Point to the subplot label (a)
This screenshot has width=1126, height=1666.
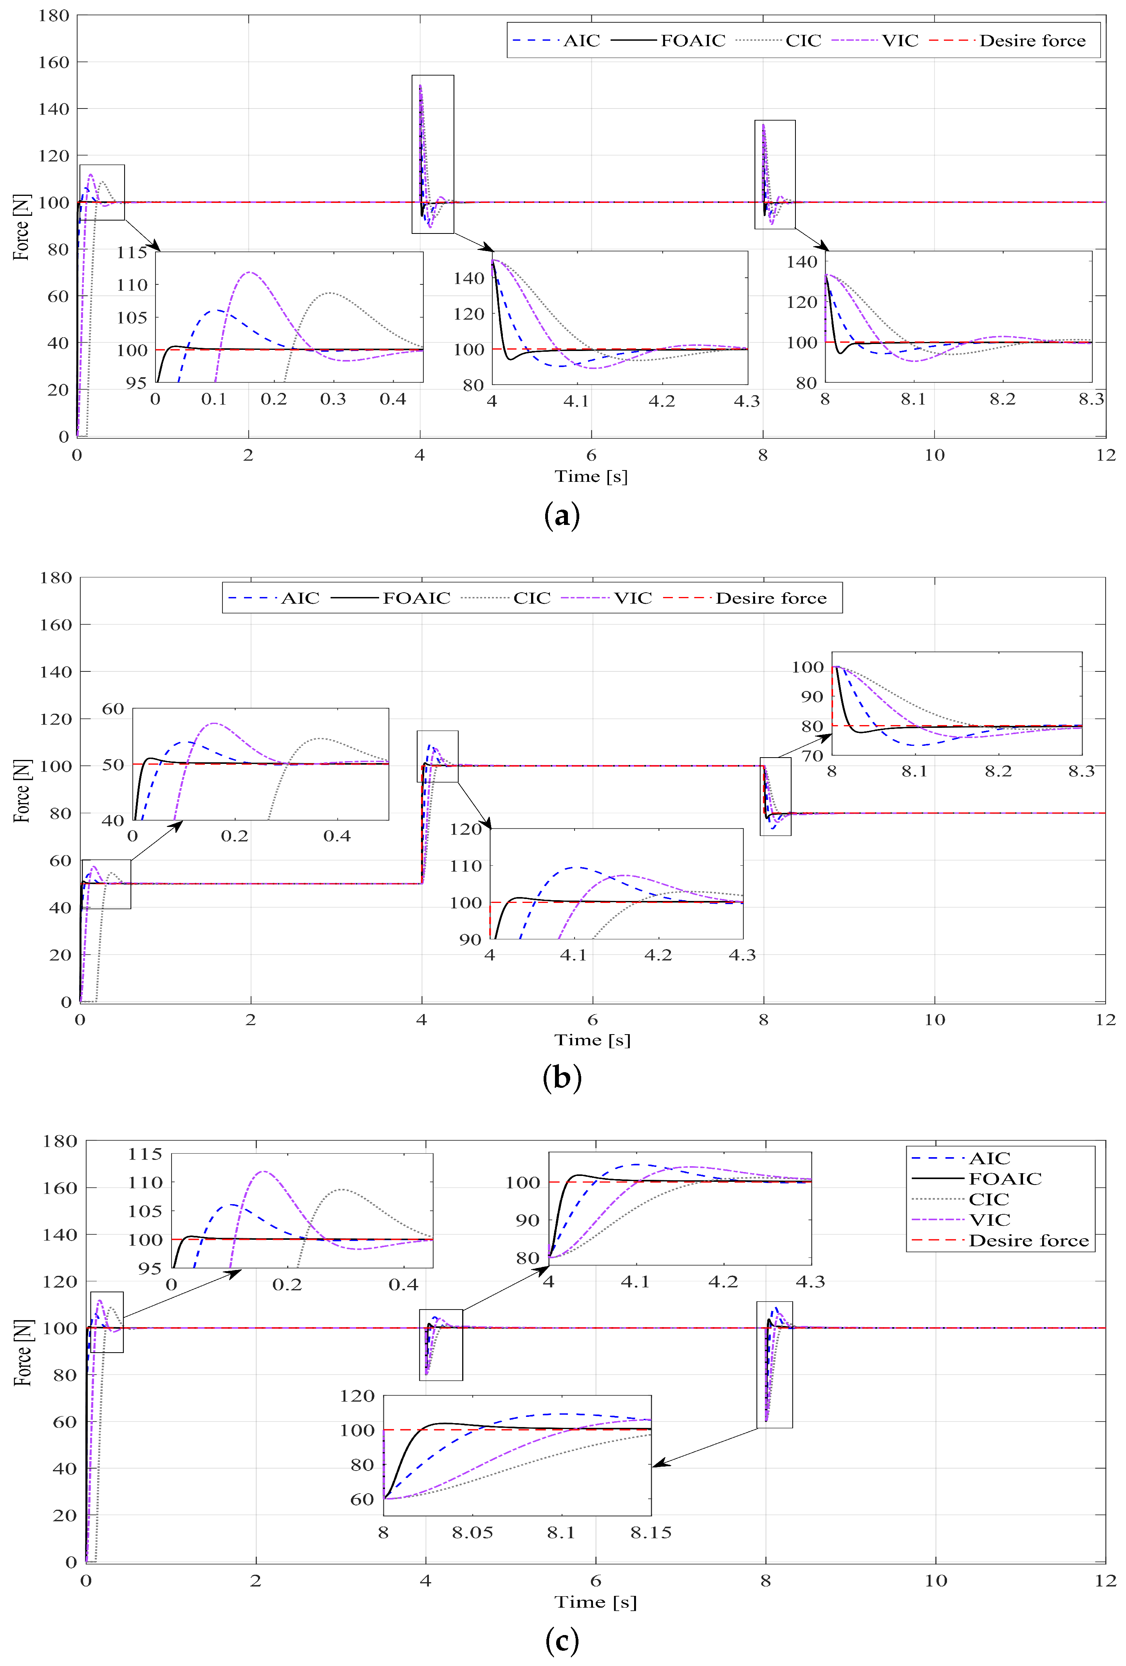click(x=562, y=516)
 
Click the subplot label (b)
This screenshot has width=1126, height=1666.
click(x=562, y=1078)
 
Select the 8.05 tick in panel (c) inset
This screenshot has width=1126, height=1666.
click(x=472, y=1533)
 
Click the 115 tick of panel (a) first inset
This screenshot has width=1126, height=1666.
click(x=132, y=252)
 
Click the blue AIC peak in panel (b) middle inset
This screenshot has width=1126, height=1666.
click(x=577, y=867)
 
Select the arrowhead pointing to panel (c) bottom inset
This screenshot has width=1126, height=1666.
click(x=656, y=1465)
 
